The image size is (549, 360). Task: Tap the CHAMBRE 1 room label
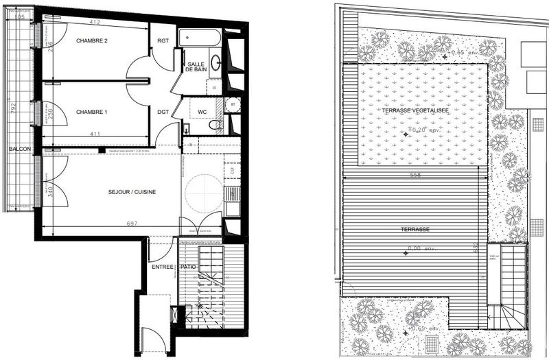[x=92, y=112]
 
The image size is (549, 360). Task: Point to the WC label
[x=202, y=111]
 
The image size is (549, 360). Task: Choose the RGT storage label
[x=163, y=40]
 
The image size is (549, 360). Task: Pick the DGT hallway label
[x=163, y=112]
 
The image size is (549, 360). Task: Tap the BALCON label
[x=18, y=149]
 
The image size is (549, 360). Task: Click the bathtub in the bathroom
[x=198, y=38]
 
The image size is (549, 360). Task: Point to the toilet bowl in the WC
[x=215, y=125]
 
